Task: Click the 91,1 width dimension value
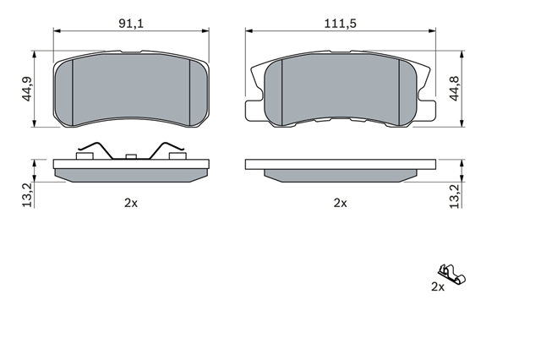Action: tap(131, 24)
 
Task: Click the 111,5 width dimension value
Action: tap(340, 24)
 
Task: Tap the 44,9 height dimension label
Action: tap(27, 89)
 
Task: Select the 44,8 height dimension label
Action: tap(455, 89)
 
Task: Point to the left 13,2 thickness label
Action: tap(27, 195)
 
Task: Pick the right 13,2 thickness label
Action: tap(455, 196)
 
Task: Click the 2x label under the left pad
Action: tap(131, 203)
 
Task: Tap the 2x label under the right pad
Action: tap(340, 203)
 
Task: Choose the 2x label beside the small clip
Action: tap(438, 286)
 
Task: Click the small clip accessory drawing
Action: tap(452, 275)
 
